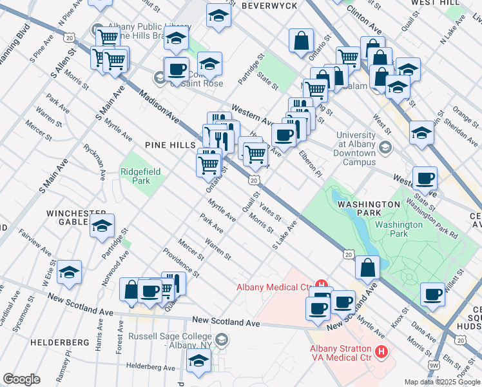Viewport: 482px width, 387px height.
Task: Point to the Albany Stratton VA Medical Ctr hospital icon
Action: [x=381, y=352]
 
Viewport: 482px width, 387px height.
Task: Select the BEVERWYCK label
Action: [x=269, y=5]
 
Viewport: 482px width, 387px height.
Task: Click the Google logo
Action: [x=21, y=379]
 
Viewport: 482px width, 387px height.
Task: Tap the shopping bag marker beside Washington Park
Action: [x=367, y=268]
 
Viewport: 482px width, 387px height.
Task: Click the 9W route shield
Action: [x=436, y=366]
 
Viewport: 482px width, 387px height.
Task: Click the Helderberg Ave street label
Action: [x=151, y=367]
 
